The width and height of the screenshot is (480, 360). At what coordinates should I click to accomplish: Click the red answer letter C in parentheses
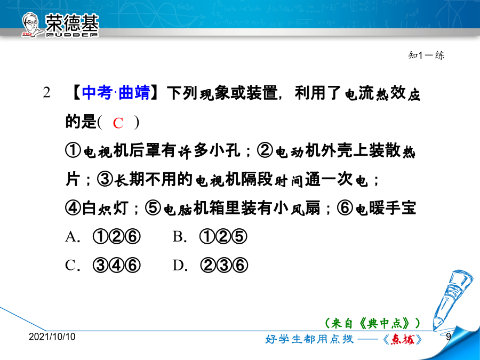pyautogui.click(x=118, y=123)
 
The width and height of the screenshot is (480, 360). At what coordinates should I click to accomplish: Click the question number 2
pyautogui.click(x=46, y=92)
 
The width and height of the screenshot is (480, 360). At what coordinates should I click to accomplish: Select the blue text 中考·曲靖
pyautogui.click(x=116, y=92)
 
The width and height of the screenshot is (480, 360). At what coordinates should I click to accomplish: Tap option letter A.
pyautogui.click(x=71, y=237)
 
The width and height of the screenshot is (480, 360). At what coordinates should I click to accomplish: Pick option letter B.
pyautogui.click(x=179, y=237)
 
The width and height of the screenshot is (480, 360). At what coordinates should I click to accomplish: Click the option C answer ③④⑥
pyautogui.click(x=117, y=266)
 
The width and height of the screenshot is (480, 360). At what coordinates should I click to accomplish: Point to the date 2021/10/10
pyautogui.click(x=52, y=337)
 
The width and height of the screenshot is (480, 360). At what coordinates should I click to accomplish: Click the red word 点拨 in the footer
pyautogui.click(x=403, y=339)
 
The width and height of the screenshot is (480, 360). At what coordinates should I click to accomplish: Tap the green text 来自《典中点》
pyautogui.click(x=372, y=323)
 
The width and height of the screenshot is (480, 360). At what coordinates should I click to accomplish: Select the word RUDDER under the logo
pyautogui.click(x=72, y=35)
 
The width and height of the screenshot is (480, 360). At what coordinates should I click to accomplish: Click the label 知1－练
pyautogui.click(x=426, y=55)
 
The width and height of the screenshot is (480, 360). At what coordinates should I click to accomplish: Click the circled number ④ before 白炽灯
pyautogui.click(x=73, y=208)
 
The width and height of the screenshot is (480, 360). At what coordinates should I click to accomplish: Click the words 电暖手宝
pyautogui.click(x=386, y=208)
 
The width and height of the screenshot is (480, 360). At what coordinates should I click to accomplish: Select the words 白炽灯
pyautogui.click(x=105, y=208)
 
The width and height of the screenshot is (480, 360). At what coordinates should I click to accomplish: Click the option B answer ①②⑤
pyautogui.click(x=223, y=237)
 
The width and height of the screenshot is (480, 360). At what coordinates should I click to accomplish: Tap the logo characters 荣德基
pyautogui.click(x=72, y=23)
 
